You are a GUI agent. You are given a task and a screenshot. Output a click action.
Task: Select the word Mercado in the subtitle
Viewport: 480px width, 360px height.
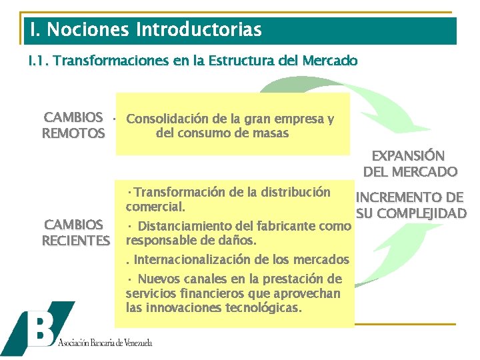point(329,61)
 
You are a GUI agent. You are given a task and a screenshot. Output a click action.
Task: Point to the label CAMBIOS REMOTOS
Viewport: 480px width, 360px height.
point(73,125)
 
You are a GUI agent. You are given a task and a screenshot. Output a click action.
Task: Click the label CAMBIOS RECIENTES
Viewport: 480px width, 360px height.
point(75,232)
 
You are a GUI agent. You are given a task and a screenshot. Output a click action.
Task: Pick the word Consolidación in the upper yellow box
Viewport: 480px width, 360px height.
point(167,120)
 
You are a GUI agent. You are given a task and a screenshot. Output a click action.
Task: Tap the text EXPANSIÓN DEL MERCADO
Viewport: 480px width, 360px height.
point(409,163)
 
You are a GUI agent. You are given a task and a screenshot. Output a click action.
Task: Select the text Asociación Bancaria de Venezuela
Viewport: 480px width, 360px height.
point(105,343)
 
